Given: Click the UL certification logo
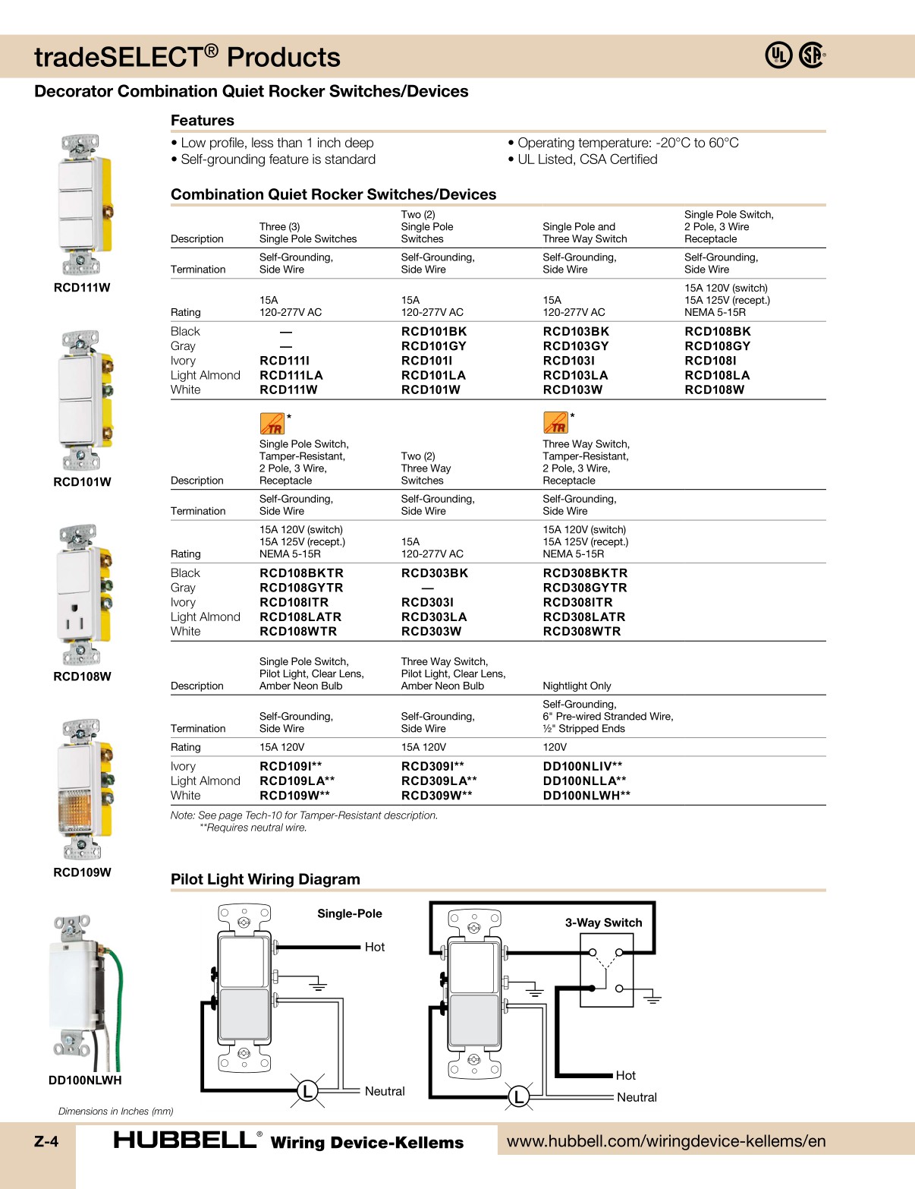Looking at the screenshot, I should tap(778, 55).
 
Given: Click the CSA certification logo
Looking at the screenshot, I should tap(812, 55).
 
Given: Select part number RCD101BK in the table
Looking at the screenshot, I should tap(434, 332).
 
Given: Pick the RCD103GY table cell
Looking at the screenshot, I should tap(576, 346).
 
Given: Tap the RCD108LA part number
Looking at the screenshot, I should tap(717, 375).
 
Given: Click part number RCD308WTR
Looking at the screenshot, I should tap(582, 631).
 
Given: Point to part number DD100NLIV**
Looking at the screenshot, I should tap(583, 766).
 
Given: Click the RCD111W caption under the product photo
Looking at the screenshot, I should tap(82, 288).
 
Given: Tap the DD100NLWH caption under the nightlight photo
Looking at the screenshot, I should tap(85, 1080).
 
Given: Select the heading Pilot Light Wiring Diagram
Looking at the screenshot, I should tap(266, 879).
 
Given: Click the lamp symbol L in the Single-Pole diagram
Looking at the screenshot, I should tap(307, 1092).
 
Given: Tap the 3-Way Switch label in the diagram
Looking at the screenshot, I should tap(603, 922).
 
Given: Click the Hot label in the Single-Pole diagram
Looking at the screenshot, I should tap(375, 947).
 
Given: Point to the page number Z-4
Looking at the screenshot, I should tap(46, 1141).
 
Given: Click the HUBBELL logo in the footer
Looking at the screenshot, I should tap(184, 1140).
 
